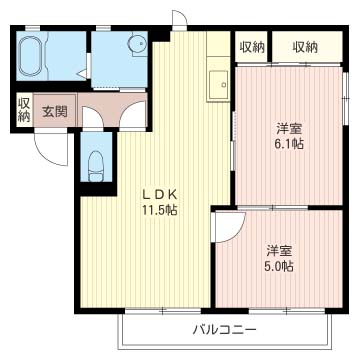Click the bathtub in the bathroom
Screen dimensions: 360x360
[30, 56]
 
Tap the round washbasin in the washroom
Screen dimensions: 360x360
[137, 43]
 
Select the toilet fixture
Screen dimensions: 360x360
[96, 166]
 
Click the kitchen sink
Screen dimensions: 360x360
[218, 84]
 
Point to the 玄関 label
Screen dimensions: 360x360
[55, 112]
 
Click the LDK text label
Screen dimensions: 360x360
[161, 194]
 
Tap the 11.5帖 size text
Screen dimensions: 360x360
[160, 210]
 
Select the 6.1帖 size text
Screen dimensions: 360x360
[289, 144]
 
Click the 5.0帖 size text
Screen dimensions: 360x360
[279, 266]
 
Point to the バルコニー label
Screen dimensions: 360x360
[225, 330]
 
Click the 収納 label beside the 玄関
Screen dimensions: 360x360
[25, 110]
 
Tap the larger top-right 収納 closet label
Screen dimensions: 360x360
[305, 47]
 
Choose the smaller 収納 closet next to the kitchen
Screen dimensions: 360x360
[252, 47]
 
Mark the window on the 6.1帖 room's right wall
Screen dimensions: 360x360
[346, 98]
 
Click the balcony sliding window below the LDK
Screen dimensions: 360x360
[163, 311]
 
